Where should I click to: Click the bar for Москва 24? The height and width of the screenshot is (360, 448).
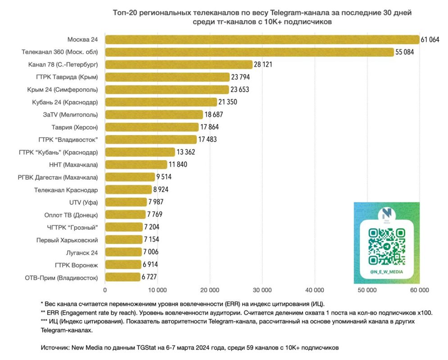(261, 40)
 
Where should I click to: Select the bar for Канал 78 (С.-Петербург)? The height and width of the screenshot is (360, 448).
(178, 64)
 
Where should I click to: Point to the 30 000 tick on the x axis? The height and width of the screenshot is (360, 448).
(262, 290)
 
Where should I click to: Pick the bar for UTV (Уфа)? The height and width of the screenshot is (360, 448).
(126, 202)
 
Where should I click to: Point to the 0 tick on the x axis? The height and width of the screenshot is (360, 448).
(105, 290)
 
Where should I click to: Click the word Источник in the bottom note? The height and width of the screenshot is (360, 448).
(54, 348)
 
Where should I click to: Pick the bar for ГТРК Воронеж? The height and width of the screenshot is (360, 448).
(123, 265)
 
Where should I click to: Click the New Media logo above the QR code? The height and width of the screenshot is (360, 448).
(386, 214)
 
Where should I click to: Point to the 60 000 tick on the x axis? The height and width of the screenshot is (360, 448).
(419, 290)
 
